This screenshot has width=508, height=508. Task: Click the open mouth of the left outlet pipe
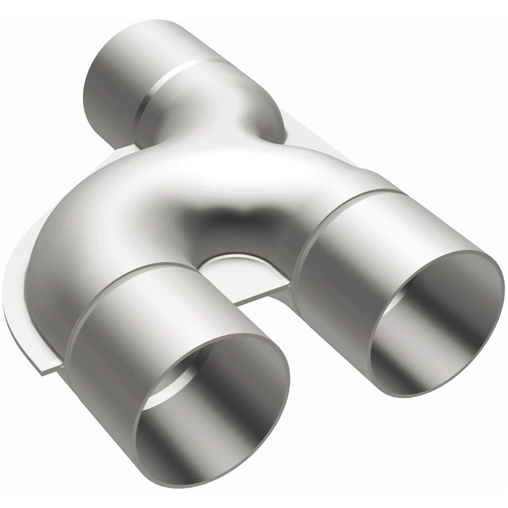pos(213,402)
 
